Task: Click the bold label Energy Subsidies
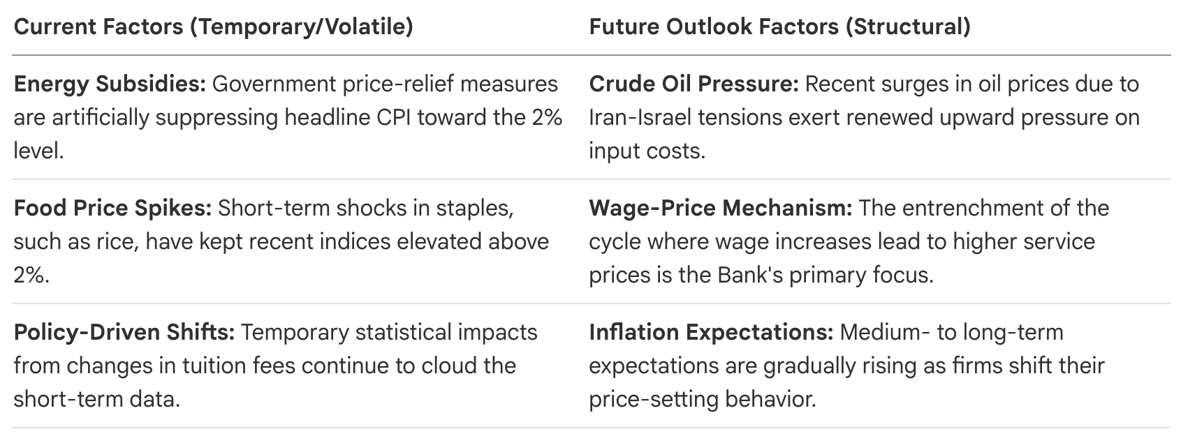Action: [110, 85]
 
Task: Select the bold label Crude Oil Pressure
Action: [694, 84]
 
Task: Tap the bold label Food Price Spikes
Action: [112, 209]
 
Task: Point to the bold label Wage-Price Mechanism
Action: [720, 209]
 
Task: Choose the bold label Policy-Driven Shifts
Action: [124, 333]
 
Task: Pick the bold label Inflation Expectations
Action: [711, 333]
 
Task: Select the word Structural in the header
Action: [908, 27]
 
